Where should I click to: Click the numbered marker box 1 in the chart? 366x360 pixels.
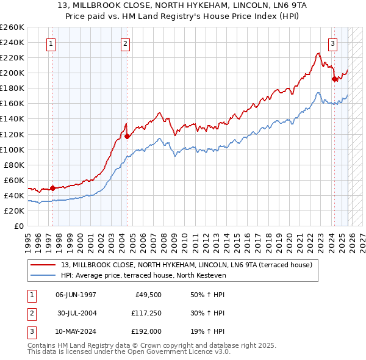click(x=50, y=43)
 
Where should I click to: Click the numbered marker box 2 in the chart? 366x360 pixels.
click(x=124, y=43)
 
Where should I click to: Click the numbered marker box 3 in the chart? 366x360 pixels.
click(x=333, y=43)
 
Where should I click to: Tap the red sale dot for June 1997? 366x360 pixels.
click(x=53, y=188)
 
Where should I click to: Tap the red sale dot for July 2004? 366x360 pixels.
click(x=127, y=136)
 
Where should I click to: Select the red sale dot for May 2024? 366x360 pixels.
click(x=334, y=79)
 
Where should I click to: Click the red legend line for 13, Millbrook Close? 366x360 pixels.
click(x=43, y=265)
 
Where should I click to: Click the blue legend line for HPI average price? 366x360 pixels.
click(x=43, y=275)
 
